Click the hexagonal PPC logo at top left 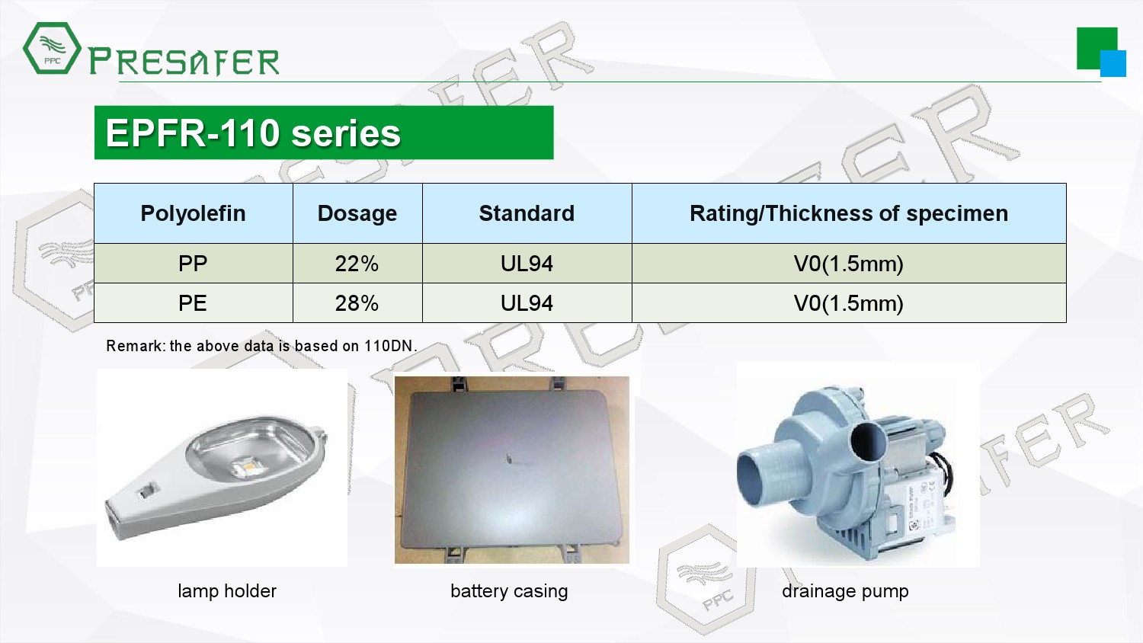coord(52,48)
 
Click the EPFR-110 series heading coord(252,133)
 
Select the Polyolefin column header coord(193,213)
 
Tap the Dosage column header coord(357,213)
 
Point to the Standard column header coord(527,213)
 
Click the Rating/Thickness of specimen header coord(849,213)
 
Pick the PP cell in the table coord(192,264)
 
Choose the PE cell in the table coord(192,304)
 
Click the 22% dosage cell coord(357,264)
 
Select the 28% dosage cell coord(357,304)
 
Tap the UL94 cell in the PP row coord(527,264)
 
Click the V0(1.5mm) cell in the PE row coord(849,304)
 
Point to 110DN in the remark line coord(388,346)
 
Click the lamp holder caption coord(227,591)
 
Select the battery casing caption coord(509,591)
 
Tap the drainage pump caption coord(845,591)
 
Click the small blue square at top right coord(1113,63)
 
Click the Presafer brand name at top coord(184,61)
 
